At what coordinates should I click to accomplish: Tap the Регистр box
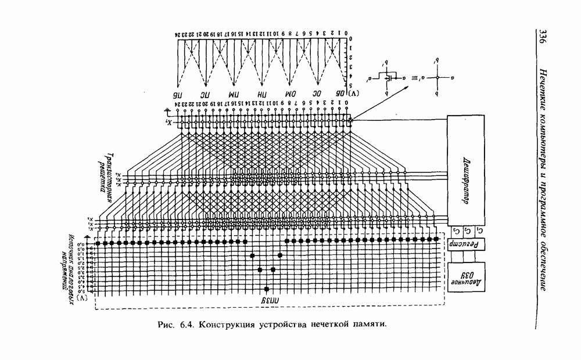tap(465, 244)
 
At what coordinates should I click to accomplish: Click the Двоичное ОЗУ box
tap(465, 275)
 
